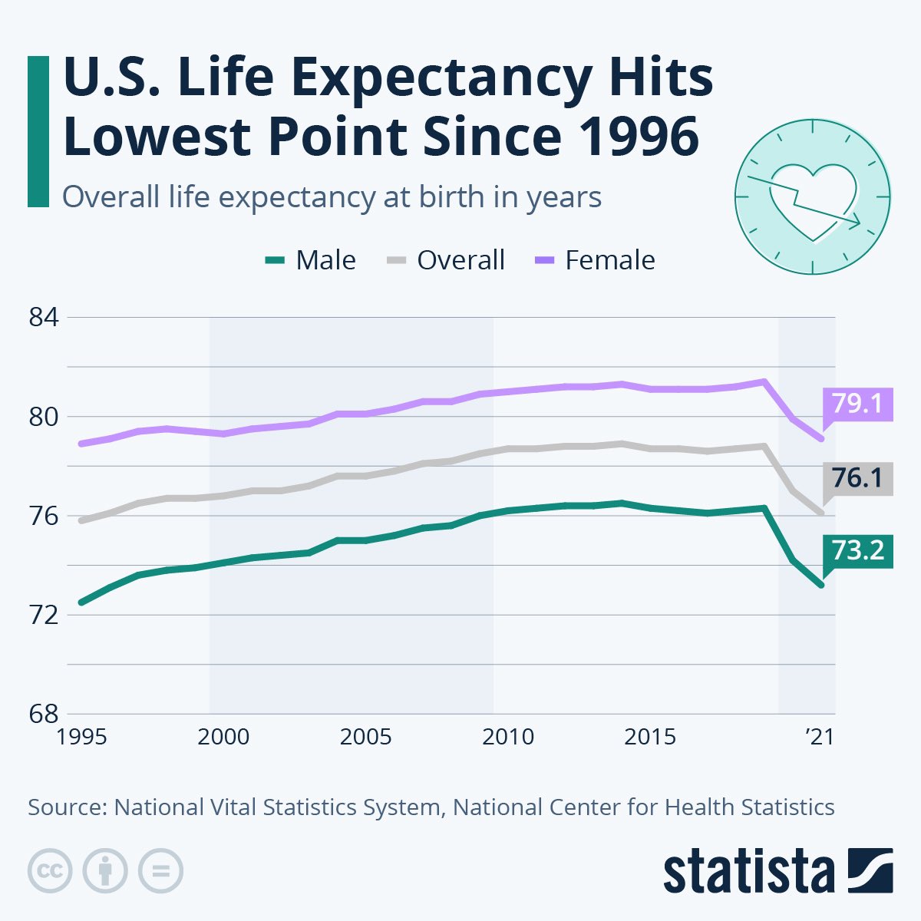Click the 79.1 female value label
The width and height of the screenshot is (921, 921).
point(857,403)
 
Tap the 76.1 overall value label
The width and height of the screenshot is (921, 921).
point(857,477)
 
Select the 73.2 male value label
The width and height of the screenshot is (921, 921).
point(857,550)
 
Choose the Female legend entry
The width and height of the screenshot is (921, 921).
point(595,260)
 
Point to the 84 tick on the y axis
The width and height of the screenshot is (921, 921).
point(44,318)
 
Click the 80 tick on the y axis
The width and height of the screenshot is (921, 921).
point(44,417)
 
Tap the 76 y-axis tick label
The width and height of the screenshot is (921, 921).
point(44,516)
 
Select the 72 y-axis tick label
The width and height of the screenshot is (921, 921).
point(44,615)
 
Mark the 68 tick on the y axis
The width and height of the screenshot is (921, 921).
point(44,714)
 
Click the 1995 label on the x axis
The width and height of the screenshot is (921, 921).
point(81,737)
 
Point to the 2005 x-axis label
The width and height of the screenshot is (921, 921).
point(366,737)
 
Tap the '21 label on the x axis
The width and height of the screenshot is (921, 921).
point(818,737)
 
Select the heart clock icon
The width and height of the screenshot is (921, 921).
point(813,196)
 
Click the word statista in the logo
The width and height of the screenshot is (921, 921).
point(748,871)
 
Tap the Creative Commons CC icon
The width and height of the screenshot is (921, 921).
point(50,871)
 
